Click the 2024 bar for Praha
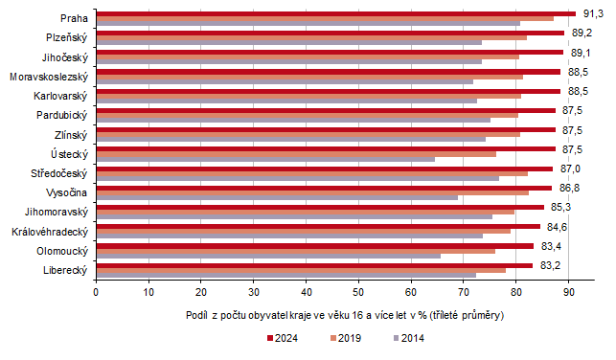[335, 13]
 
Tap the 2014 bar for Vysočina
[277, 198]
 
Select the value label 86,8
[571, 188]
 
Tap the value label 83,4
[552, 246]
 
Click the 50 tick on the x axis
[358, 291]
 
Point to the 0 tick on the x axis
[96, 291]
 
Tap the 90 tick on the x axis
[568, 291]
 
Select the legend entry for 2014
[408, 337]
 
